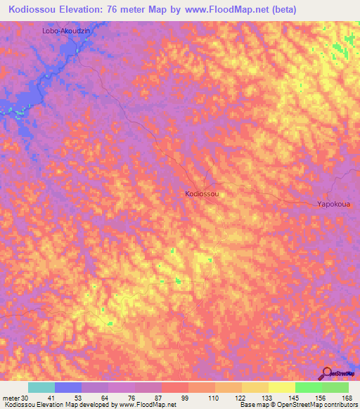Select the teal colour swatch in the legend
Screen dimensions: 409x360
click(41, 387)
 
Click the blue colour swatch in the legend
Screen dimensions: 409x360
click(68, 387)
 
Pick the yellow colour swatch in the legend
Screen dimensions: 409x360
click(282, 387)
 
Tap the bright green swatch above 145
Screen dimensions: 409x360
click(309, 387)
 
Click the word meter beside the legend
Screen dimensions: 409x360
click(8, 398)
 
